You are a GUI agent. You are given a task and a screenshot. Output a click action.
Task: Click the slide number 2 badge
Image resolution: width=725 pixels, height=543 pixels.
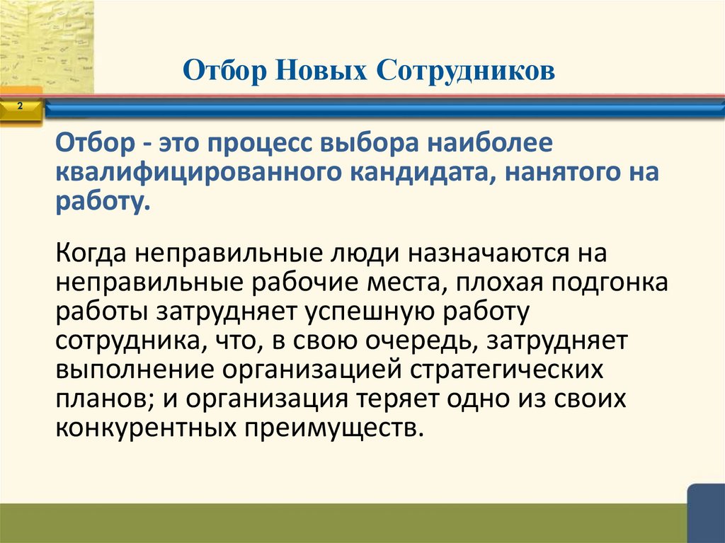click(19, 107)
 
